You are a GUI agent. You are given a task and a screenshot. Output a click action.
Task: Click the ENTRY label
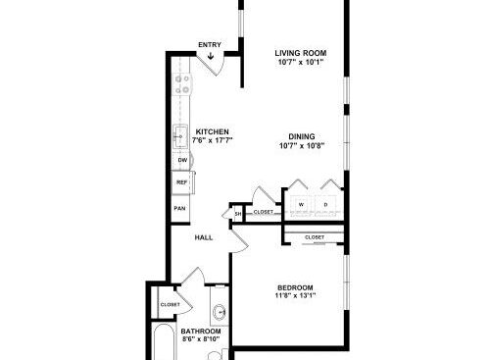(x=210, y=45)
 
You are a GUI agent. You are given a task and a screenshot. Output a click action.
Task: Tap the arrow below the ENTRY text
(x=211, y=56)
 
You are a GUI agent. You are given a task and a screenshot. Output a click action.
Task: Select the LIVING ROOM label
(x=301, y=53)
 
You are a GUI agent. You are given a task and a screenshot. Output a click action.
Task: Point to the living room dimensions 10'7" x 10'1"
(x=301, y=62)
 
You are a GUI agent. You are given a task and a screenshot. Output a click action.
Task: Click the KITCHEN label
(x=213, y=131)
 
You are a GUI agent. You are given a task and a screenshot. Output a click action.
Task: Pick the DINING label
(x=302, y=136)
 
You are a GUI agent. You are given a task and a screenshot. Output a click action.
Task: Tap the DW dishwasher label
(x=182, y=160)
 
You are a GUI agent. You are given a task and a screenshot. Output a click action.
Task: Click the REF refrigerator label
(x=182, y=182)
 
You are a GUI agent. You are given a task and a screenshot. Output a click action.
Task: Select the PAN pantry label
(x=179, y=208)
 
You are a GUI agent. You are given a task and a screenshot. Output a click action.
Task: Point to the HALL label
(x=204, y=237)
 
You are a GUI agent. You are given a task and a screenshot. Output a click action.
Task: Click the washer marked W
(x=301, y=205)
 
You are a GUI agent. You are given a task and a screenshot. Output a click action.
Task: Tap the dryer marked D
(x=325, y=205)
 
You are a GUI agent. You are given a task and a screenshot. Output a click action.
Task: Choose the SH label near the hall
(x=238, y=214)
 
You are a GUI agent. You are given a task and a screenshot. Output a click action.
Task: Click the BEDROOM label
(x=295, y=288)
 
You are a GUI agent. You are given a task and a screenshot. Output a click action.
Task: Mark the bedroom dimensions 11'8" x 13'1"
(x=295, y=296)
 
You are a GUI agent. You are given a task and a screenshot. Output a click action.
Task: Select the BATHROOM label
(x=201, y=332)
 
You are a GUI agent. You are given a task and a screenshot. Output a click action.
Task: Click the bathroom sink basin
(x=220, y=311)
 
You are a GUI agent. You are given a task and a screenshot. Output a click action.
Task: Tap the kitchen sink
(x=180, y=136)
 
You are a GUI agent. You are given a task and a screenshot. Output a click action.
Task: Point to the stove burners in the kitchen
(x=182, y=84)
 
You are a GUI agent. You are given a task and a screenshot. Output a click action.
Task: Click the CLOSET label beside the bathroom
(x=171, y=304)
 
